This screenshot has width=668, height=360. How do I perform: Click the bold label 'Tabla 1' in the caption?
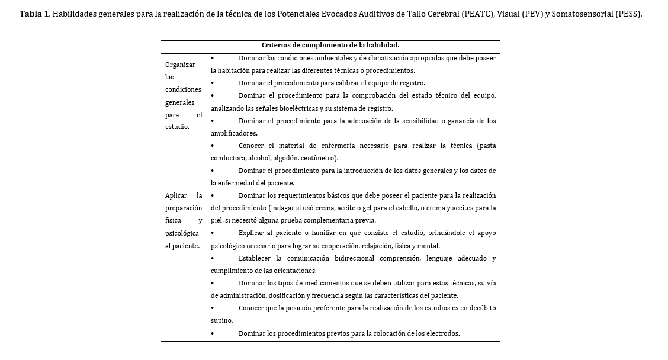tap(34, 14)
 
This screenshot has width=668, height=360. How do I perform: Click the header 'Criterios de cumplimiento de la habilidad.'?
tap(330, 45)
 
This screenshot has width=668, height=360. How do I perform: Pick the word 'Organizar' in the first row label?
tap(180, 65)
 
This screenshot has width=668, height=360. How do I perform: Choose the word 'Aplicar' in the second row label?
tap(176, 195)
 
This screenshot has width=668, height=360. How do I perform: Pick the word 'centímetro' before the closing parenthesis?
tap(319, 158)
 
